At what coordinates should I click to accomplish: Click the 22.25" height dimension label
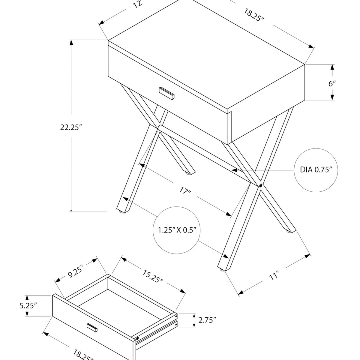tap(71, 127)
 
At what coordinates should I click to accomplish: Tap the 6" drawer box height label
tap(332, 84)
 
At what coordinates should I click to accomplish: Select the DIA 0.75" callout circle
tap(316, 170)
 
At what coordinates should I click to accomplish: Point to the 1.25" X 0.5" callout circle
tap(177, 230)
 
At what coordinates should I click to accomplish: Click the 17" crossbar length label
tap(186, 190)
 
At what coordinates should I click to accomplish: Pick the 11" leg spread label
tap(274, 275)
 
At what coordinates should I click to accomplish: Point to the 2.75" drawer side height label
tap(207, 320)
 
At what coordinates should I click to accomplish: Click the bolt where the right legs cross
tap(260, 186)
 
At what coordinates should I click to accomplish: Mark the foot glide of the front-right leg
tap(222, 270)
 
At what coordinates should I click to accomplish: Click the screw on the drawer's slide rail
tap(137, 339)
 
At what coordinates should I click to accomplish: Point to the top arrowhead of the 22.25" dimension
tap(71, 43)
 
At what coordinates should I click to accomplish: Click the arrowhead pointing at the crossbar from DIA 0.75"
tap(235, 170)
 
